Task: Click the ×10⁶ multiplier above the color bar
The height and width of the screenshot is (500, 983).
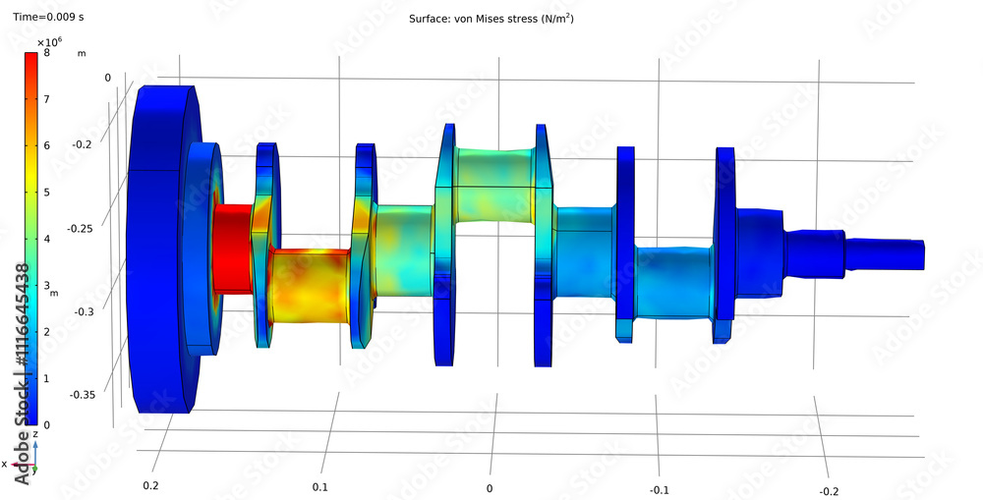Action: click(x=49, y=42)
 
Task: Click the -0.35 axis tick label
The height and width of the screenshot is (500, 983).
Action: click(x=83, y=395)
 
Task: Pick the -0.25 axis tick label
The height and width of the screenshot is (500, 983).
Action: click(x=83, y=228)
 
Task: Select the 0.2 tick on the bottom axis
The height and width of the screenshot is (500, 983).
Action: click(x=150, y=486)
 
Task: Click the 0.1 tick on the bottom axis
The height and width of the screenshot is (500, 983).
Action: click(x=320, y=487)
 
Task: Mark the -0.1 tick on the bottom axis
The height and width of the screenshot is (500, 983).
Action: click(x=659, y=489)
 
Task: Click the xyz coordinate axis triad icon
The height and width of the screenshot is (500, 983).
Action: click(x=35, y=455)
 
